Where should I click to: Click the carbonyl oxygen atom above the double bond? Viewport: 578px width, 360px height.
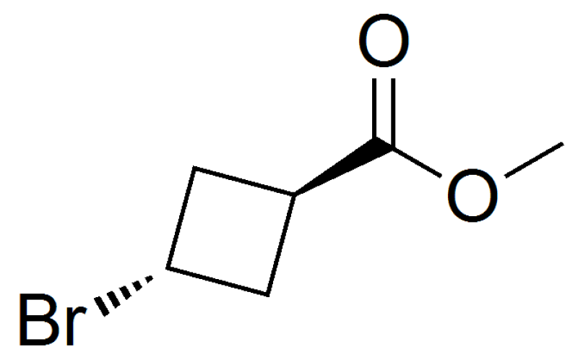pos(384,40)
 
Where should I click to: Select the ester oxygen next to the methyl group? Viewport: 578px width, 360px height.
pos(473,195)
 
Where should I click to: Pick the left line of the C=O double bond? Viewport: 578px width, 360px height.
pos(374,108)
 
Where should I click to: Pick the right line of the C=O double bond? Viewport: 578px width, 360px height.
pos(393,113)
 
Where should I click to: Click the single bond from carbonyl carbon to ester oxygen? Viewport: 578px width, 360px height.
pos(417,161)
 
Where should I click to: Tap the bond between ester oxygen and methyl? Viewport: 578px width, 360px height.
pos(534,160)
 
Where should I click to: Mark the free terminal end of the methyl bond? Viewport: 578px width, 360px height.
pos(563,145)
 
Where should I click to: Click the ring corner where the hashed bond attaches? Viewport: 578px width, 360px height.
pos(168,268)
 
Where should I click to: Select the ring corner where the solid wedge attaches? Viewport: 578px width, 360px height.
pos(294,194)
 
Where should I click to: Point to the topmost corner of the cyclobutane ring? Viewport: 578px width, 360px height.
pos(194,168)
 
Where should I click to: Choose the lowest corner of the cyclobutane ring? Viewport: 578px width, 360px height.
pos(267,295)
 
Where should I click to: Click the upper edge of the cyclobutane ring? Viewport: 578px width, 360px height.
pos(244,181)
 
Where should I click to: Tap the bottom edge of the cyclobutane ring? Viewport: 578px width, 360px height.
pos(217,281)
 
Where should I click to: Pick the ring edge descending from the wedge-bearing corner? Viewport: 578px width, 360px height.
pos(281,244)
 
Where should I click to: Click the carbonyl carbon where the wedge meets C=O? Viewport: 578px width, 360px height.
pos(384,144)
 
